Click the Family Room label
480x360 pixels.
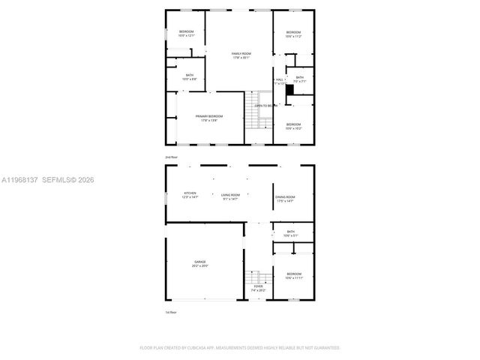pyautogui.click(x=241, y=54)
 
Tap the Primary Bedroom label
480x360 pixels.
pyautogui.click(x=209, y=116)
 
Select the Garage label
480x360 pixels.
pyautogui.click(x=199, y=262)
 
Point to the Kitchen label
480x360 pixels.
pyautogui.click(x=190, y=193)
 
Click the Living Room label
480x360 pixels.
pyautogui.click(x=230, y=194)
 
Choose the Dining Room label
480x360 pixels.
pyautogui.click(x=285, y=196)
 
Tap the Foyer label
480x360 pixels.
pyautogui.click(x=258, y=286)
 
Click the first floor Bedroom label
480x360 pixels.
pyautogui.click(x=293, y=274)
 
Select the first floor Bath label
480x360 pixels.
pyautogui.click(x=290, y=232)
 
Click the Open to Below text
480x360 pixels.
pyautogui.click(x=266, y=106)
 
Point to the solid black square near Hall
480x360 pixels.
pyautogui.click(x=289, y=87)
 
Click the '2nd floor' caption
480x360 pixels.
pyautogui.click(x=172, y=157)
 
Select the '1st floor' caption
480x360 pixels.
pyautogui.click(x=172, y=311)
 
